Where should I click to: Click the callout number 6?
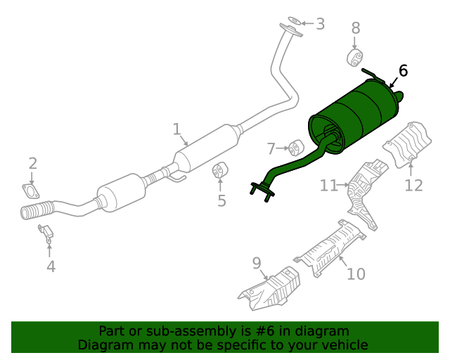[x=403, y=71]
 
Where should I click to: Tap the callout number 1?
[x=177, y=129]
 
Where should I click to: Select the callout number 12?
[x=413, y=185]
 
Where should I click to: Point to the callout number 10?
[x=356, y=273]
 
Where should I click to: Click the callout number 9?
[x=257, y=264]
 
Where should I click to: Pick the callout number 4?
[x=51, y=266]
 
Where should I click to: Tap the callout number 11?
[x=329, y=186]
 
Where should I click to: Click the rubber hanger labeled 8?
[x=356, y=57]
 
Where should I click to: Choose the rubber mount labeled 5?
[x=220, y=171]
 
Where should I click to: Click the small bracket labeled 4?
[x=46, y=233]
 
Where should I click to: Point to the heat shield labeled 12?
[x=407, y=143]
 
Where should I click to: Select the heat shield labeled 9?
[x=269, y=291]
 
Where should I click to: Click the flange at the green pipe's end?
[x=261, y=188]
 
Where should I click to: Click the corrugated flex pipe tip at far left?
[x=32, y=211]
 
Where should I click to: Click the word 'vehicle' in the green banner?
[x=343, y=345]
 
